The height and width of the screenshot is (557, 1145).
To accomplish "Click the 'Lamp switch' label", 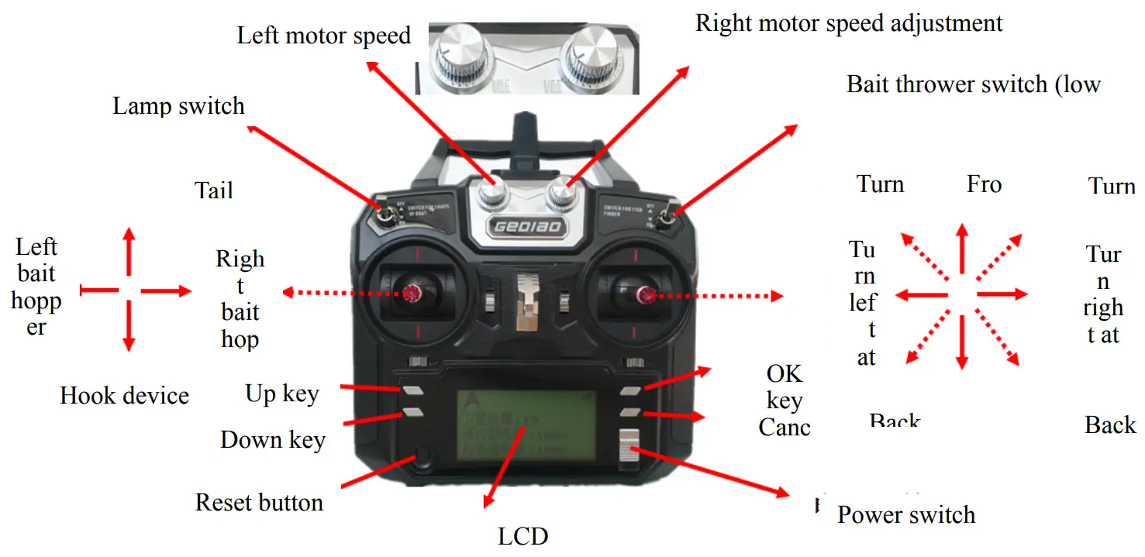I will click(178, 106).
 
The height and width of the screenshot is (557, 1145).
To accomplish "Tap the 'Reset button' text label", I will click(259, 503).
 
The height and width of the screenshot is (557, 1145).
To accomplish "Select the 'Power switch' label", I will click(905, 515).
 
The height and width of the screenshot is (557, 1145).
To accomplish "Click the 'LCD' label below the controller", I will click(522, 536).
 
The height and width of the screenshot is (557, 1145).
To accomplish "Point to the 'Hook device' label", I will click(124, 396).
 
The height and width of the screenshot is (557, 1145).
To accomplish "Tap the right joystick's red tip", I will click(643, 293).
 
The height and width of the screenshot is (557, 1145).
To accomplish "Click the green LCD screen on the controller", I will click(526, 430).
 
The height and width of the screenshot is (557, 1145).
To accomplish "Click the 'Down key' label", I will click(273, 440).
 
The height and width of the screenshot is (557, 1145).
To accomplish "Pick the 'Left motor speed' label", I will click(323, 36).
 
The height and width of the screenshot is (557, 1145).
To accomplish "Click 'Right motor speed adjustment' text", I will click(849, 22).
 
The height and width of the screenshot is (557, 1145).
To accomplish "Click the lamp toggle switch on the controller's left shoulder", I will click(385, 212).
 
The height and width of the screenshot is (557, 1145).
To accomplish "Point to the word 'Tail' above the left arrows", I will click(214, 190).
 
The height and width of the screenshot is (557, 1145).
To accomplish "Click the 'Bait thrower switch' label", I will click(973, 84).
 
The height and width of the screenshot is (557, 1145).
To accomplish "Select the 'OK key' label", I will click(784, 387).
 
